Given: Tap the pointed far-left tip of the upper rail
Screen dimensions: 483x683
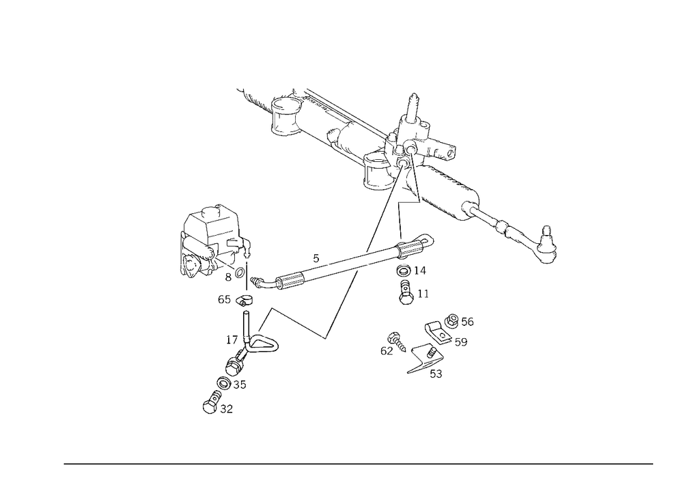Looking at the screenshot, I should [x=239, y=92].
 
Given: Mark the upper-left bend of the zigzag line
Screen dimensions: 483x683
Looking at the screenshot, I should [x=273, y=307].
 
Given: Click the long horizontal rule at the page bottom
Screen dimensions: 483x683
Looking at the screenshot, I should [x=359, y=463].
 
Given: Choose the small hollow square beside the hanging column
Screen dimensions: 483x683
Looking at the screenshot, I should [x=423, y=294].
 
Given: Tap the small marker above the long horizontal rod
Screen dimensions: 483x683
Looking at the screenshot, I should [x=316, y=257].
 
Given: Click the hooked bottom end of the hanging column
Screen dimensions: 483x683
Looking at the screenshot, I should [x=404, y=299].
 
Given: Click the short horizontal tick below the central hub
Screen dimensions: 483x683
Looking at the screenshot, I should [x=409, y=203].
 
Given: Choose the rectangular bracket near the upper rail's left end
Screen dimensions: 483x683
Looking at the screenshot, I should [x=285, y=123].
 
